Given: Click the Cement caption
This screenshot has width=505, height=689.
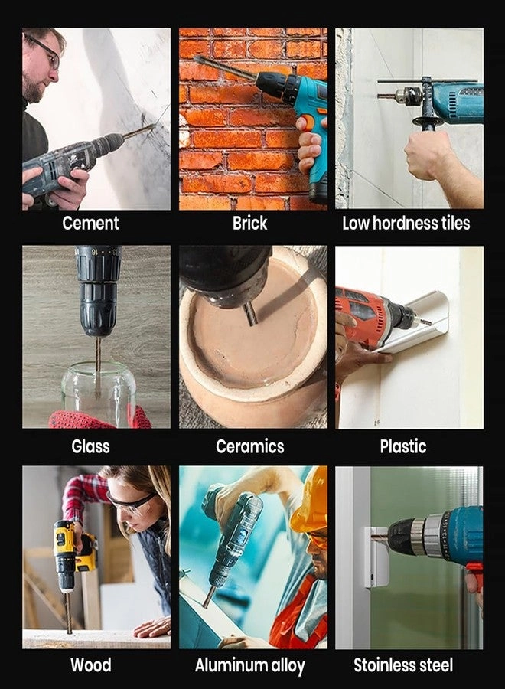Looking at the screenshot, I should pos(90,224).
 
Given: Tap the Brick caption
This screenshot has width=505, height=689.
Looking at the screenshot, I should pos(250,224).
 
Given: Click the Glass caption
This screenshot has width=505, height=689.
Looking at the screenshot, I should pos(90,446).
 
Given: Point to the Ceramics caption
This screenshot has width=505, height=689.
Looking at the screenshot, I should pos(250,446).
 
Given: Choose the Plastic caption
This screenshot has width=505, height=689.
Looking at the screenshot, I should pos(403,446).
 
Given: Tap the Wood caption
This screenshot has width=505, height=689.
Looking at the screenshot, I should pos(91,665).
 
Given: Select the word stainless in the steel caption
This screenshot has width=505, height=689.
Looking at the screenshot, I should pos(386,665).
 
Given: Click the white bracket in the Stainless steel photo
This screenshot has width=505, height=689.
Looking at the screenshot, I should pos(376,556).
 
